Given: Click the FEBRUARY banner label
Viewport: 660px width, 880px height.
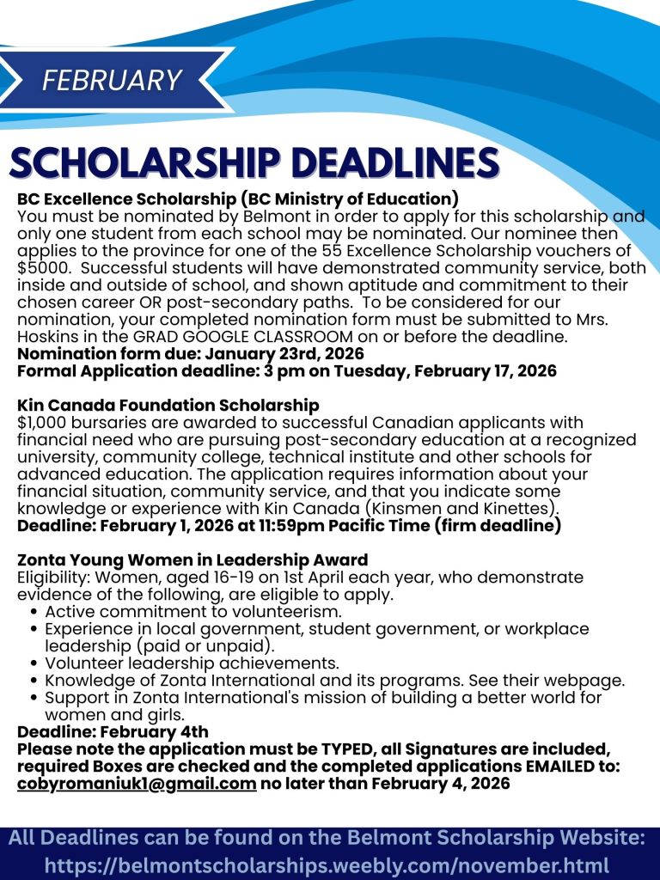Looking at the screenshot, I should [112, 80].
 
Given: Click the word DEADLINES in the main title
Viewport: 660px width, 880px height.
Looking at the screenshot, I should [393, 163].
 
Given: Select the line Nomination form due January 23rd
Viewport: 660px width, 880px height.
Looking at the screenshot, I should [191, 353].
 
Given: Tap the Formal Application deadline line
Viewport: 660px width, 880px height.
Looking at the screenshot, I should [287, 371].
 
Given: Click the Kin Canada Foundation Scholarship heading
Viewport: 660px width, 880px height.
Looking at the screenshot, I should [168, 405].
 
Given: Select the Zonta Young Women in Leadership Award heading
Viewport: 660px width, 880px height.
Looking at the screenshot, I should [192, 559].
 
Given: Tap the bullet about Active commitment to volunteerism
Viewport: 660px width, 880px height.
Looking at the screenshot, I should [193, 611].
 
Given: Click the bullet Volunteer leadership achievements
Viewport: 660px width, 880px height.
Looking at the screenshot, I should [192, 663].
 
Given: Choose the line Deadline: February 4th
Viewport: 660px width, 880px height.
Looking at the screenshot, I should [113, 732].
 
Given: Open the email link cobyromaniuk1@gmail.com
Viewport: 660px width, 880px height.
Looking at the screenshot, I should [137, 784].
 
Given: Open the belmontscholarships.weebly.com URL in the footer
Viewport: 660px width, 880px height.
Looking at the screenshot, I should [327, 865].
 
